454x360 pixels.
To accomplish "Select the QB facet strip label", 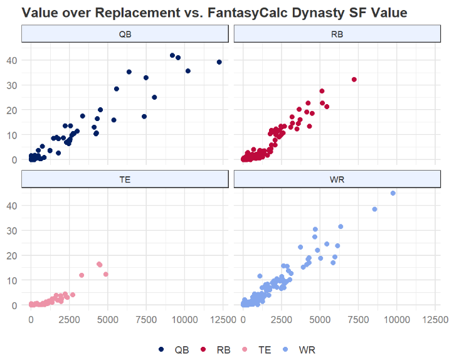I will point(125,34).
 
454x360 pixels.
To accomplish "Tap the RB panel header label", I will point(337,34).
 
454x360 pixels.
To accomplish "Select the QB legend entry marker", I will point(161,349).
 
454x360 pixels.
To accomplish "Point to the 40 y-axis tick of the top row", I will point(12,60).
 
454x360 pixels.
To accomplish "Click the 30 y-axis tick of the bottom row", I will point(12,231).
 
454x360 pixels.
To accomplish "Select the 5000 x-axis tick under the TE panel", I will point(108,319).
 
